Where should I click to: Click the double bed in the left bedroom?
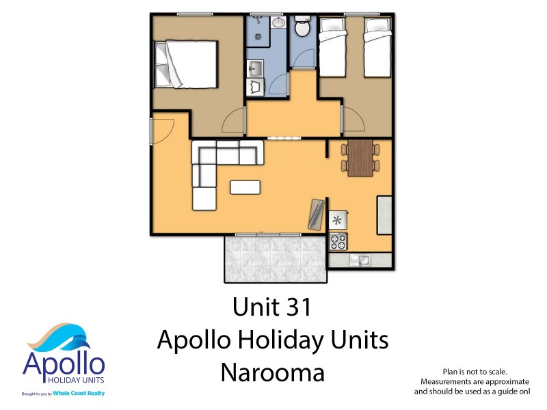(186, 64)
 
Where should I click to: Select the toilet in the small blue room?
(302, 28)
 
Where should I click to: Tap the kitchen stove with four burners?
(338, 241)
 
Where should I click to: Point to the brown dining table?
(360, 158)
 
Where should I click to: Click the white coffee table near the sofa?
(245, 187)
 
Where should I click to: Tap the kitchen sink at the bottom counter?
(358, 260)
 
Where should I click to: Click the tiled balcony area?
(276, 258)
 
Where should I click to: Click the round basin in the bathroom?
(278, 23)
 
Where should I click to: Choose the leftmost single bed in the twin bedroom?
(333, 47)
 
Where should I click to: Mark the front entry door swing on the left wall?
(163, 130)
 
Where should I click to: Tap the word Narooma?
(272, 373)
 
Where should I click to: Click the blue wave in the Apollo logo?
(65, 340)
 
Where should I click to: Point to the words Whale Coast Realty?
(81, 394)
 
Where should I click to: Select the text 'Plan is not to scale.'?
(475, 370)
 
